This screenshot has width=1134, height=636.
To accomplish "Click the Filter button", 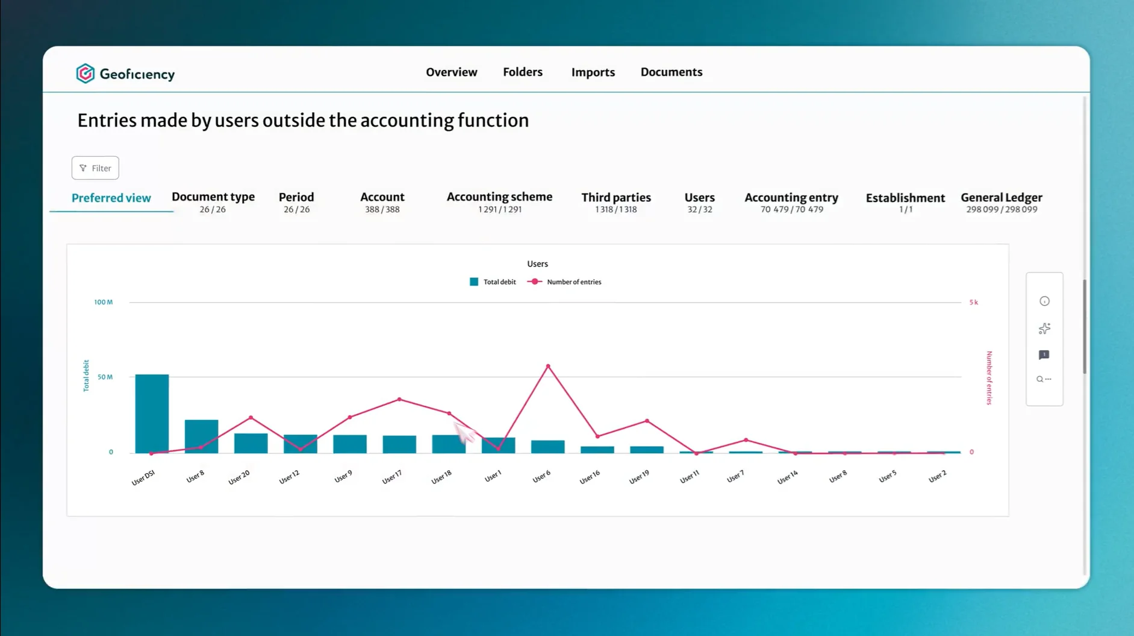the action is tap(95, 168).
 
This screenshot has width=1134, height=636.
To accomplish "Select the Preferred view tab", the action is tap(111, 198).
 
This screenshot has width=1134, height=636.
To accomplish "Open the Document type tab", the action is tap(213, 202).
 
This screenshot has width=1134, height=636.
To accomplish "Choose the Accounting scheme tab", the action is tap(499, 202).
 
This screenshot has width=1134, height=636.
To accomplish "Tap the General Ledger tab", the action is tap(1002, 202).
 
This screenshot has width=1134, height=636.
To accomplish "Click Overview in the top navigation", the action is tap(452, 72).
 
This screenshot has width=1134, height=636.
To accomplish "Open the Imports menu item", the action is tap(593, 72).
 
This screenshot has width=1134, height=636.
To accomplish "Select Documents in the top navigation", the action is tap(671, 72).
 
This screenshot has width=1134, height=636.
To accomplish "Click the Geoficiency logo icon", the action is tap(85, 74).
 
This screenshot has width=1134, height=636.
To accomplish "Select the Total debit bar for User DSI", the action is tap(152, 414).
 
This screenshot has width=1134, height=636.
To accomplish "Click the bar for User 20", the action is tap(251, 443).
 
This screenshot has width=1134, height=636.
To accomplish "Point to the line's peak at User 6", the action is tap(548, 366).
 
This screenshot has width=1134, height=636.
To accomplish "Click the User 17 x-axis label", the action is tap(392, 477).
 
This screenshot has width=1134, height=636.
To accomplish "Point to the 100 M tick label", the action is tap(103, 302).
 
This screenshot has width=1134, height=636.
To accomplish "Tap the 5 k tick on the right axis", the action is tap(973, 302).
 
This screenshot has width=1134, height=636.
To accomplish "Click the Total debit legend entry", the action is tap(493, 282).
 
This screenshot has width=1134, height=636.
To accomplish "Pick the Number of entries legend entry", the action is tap(564, 282).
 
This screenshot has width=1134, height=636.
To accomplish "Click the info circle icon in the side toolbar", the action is tap(1044, 301).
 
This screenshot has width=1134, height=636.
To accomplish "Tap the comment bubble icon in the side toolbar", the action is tap(1044, 355).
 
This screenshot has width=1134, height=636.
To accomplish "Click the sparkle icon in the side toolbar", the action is tap(1044, 329).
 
